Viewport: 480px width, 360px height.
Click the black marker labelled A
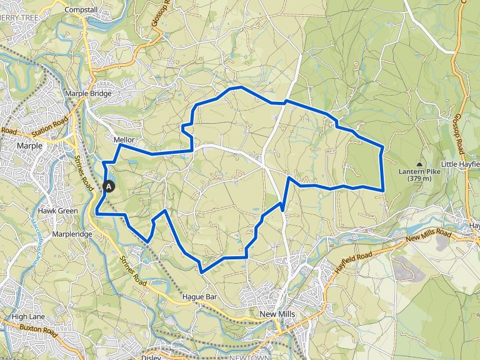click(x=109, y=186)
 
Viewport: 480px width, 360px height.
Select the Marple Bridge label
click(x=88, y=94)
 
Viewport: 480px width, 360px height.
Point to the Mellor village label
click(x=124, y=140)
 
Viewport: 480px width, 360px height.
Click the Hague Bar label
click(x=199, y=297)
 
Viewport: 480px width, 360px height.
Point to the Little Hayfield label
click(x=460, y=164)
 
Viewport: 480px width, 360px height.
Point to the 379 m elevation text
click(x=418, y=179)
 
